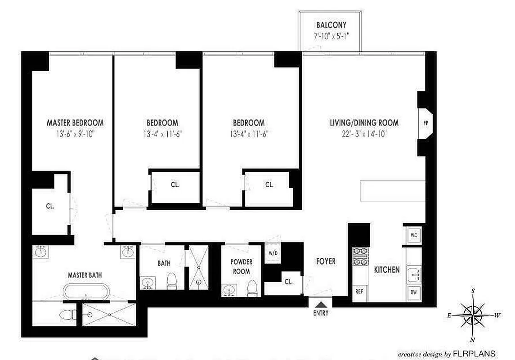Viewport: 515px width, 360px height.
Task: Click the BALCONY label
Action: [331, 25]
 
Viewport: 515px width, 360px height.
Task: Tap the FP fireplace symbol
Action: [425, 122]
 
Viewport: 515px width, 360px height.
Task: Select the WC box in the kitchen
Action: [413, 235]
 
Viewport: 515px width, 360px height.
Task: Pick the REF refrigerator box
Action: [359, 292]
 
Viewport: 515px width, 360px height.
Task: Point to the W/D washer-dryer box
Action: [273, 253]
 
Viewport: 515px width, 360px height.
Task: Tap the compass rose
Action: [472, 315]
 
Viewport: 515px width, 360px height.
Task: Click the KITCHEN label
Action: [387, 270]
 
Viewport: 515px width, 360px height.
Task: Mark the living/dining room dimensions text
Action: [364, 133]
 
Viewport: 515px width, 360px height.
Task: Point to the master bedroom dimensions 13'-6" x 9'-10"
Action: [75, 133]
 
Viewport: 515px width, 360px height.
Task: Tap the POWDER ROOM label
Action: [241, 266]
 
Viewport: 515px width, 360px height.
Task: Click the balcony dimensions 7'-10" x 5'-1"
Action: [331, 36]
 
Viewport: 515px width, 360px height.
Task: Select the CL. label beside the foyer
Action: [288, 282]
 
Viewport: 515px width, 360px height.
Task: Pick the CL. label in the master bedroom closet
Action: [50, 207]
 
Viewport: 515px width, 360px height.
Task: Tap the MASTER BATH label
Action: [83, 274]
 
